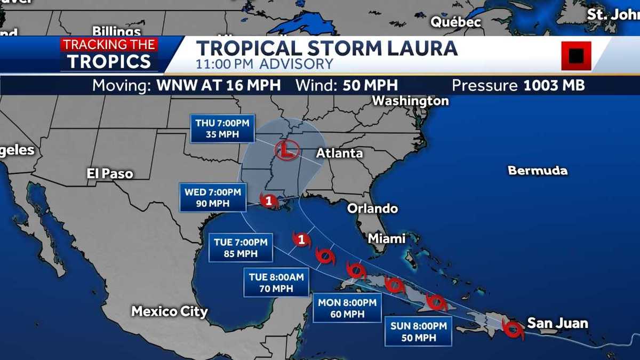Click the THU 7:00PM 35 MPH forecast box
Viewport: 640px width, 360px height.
click(x=222, y=128)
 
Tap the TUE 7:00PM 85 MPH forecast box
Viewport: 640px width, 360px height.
click(x=241, y=247)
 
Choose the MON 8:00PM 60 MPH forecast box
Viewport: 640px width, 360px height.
click(x=347, y=308)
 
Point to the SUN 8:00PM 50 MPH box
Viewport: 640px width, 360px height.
click(x=418, y=331)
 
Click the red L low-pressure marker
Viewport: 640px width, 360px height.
click(x=285, y=150)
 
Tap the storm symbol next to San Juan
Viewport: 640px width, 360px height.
click(x=513, y=330)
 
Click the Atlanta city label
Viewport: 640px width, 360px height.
click(x=339, y=154)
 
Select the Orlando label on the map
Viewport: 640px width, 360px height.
click(x=372, y=209)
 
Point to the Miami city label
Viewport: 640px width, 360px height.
click(x=387, y=238)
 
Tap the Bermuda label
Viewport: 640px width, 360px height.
click(x=537, y=171)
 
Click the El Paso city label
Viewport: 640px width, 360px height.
click(x=110, y=173)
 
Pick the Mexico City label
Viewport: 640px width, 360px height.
click(x=170, y=311)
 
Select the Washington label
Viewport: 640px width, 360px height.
click(x=410, y=101)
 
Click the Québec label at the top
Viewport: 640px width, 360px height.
click(x=456, y=22)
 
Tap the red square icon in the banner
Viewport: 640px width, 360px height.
click(x=576, y=55)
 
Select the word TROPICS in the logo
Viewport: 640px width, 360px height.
click(x=109, y=61)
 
